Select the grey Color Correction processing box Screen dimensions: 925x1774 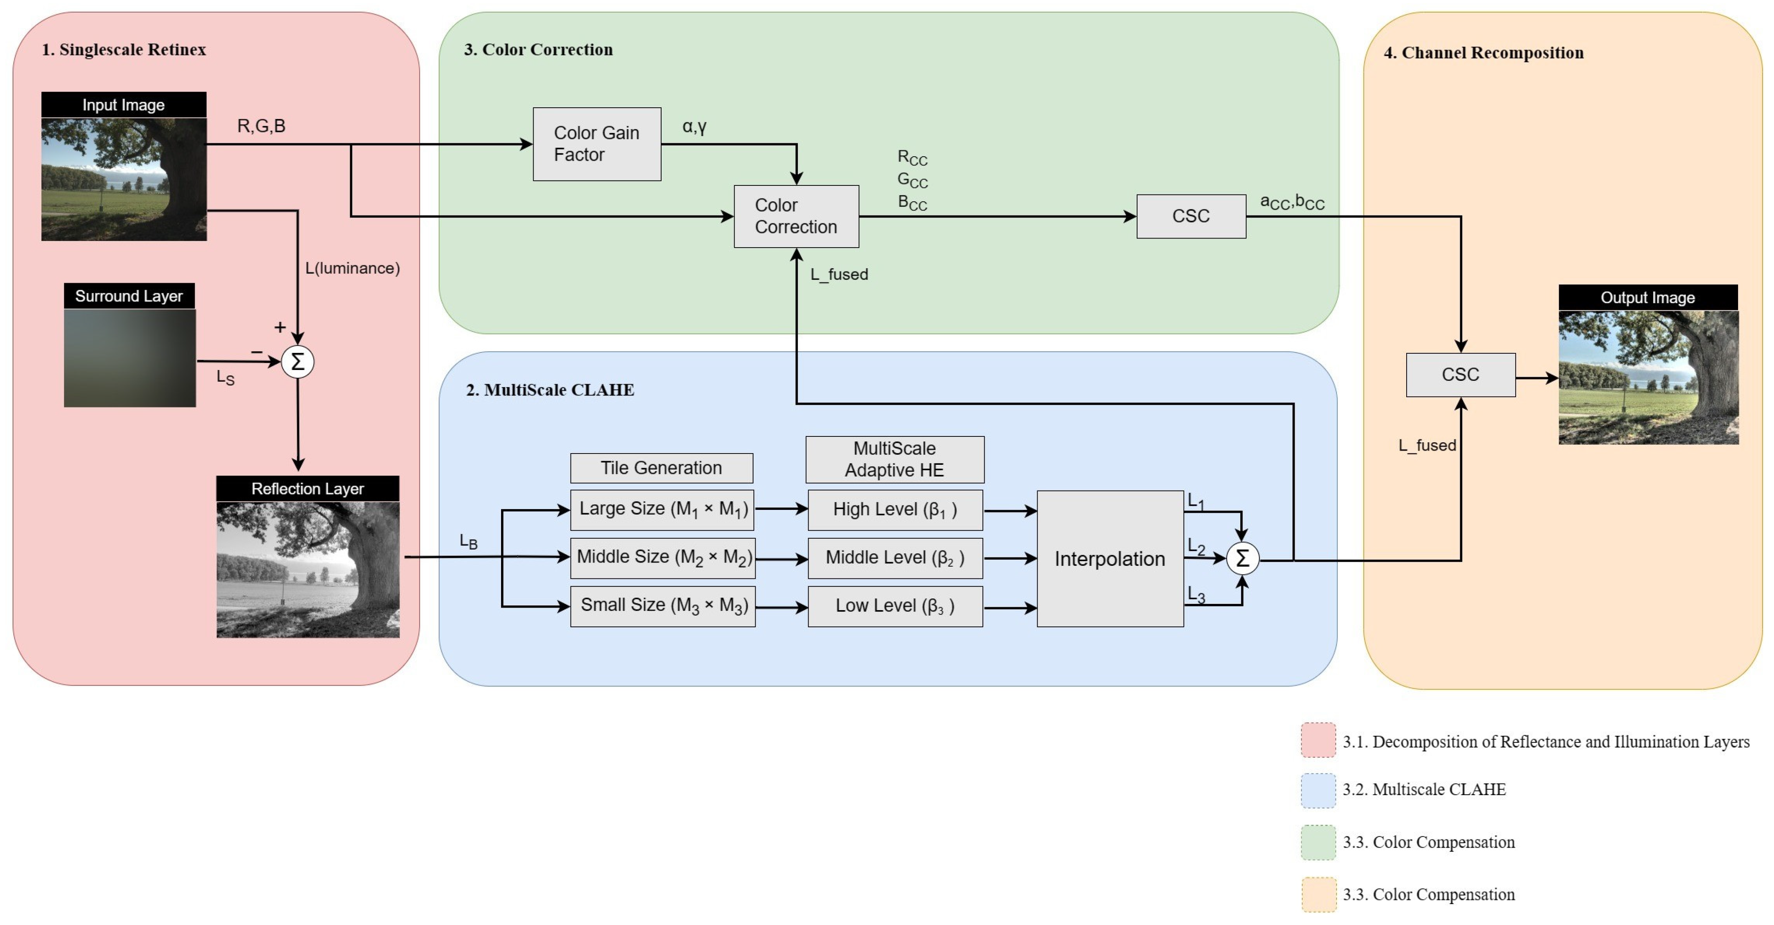[x=796, y=216]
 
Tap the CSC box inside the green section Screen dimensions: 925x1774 [x=1191, y=216]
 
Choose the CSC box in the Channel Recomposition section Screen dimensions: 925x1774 [x=1460, y=375]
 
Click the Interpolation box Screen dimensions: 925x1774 [x=1110, y=558]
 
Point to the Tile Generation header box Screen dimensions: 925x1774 [x=661, y=468]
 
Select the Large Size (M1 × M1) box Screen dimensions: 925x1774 [x=662, y=509]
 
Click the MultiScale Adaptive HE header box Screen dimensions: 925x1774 [x=895, y=459]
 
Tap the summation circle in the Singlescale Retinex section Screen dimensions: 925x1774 [x=298, y=361]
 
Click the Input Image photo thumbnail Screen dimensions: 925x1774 [x=124, y=179]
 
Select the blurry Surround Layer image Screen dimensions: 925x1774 [x=130, y=358]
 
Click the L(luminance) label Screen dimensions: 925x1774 [x=352, y=269]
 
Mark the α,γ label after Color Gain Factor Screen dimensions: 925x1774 [x=694, y=127]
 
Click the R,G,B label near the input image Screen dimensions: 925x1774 [x=261, y=126]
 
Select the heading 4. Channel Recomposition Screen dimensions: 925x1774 [x=1484, y=53]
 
